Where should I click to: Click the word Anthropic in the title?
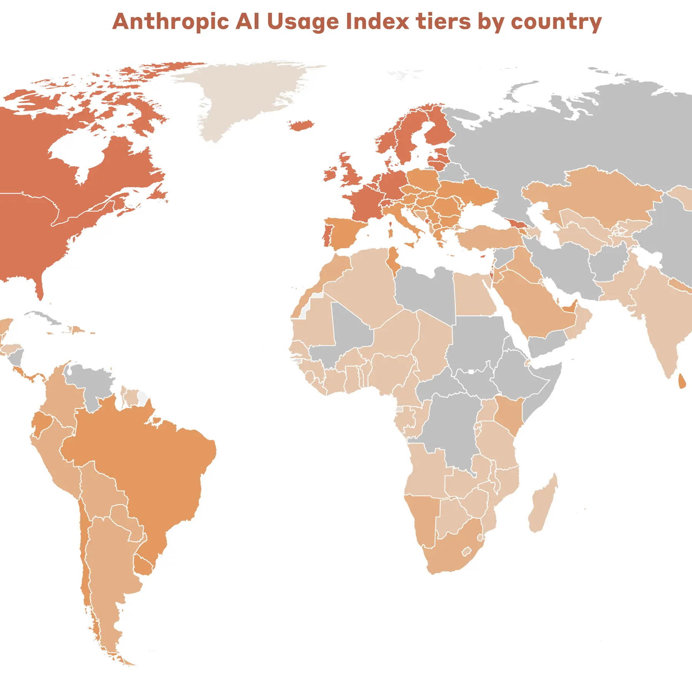pyautogui.click(x=170, y=22)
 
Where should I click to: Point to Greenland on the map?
pyautogui.click(x=246, y=96)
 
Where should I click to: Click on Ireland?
pyautogui.click(x=330, y=174)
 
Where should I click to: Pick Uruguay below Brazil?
pyautogui.click(x=144, y=565)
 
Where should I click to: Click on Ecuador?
pyautogui.click(x=41, y=423)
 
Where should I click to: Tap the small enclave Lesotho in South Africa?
pyautogui.click(x=466, y=552)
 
